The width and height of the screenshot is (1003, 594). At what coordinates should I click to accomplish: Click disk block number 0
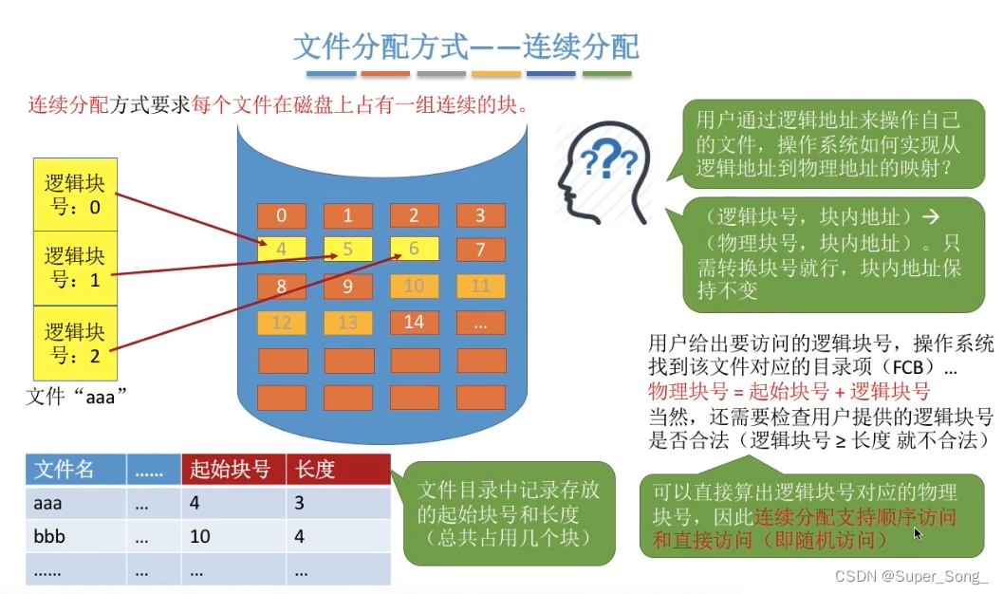(282, 215)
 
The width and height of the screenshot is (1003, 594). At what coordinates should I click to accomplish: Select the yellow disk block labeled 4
(282, 250)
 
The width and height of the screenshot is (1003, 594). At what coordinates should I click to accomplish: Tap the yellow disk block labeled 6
(414, 250)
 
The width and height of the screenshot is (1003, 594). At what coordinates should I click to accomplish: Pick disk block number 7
(480, 251)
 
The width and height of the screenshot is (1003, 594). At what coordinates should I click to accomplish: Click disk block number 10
(414, 286)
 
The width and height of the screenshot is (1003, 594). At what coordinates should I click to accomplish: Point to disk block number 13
(348, 323)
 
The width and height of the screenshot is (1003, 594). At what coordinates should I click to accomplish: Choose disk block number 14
(414, 323)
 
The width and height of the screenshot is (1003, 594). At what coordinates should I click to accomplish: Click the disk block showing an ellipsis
(480, 323)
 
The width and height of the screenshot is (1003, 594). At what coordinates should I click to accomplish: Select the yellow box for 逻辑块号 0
(74, 194)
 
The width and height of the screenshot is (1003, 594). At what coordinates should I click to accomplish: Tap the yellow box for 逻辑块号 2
(74, 343)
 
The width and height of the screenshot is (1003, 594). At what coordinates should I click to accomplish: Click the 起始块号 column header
(231, 470)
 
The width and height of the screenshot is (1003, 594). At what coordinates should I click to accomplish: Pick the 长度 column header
(337, 470)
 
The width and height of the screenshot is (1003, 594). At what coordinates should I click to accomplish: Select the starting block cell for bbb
(231, 536)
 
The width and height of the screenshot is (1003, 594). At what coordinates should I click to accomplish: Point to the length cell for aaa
(337, 503)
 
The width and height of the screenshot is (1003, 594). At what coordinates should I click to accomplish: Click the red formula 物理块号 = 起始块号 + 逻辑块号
(789, 391)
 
